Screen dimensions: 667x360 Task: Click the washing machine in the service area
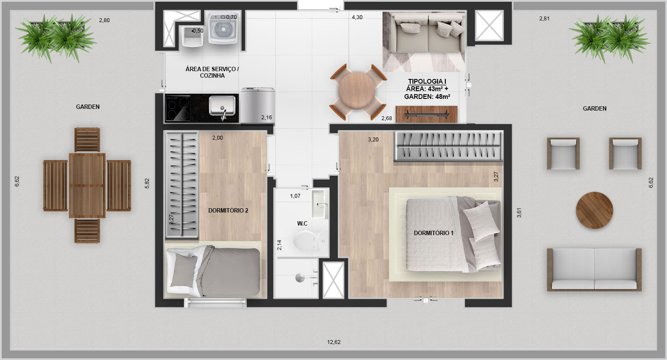pos(223,28)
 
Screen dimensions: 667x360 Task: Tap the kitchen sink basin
pos(222,105)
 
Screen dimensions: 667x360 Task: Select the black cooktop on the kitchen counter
pos(178,108)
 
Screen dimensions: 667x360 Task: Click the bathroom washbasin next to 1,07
pos(320,204)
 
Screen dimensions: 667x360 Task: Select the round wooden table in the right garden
pos(594,210)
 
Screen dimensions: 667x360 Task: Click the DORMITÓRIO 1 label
pos(434,233)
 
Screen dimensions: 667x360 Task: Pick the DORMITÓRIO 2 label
pos(228,210)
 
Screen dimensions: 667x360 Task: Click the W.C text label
pos(302,223)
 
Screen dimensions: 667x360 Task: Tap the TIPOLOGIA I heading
pos(427,81)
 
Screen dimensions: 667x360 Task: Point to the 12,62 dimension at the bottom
pos(334,342)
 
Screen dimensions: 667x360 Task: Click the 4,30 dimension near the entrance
pos(357,17)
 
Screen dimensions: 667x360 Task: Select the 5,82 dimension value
pos(147,183)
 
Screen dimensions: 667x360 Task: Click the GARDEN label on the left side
pos(88,107)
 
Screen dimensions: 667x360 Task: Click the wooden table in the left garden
pos(87,186)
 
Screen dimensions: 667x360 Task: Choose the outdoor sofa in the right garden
pos(594,269)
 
